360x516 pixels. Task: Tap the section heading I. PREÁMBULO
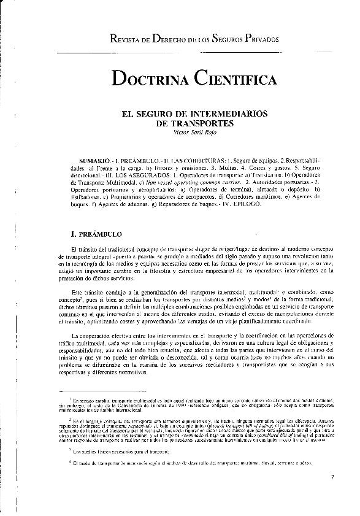[x=98, y=234]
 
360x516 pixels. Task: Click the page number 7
[x=331, y=476]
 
